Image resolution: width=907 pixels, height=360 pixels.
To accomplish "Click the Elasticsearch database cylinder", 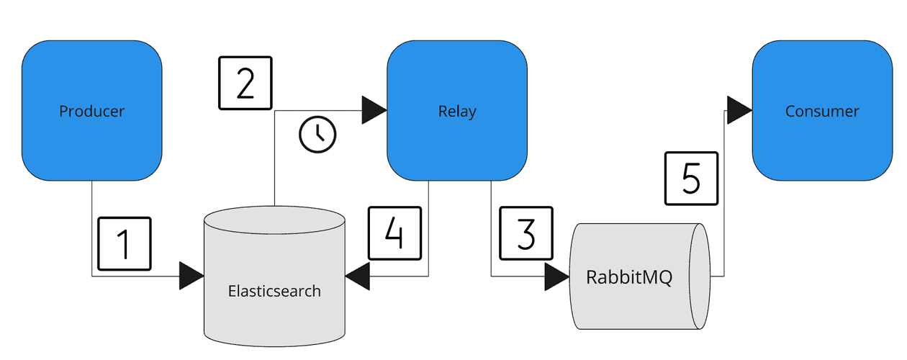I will tap(274, 274).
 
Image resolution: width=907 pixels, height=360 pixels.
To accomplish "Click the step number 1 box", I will tap(124, 244).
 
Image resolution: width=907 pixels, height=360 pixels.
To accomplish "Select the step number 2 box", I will tap(245, 84).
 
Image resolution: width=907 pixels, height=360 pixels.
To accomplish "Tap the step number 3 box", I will tap(526, 233).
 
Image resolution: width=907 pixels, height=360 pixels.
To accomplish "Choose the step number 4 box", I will tap(395, 233).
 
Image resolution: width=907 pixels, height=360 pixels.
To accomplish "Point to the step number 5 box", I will tap(691, 179).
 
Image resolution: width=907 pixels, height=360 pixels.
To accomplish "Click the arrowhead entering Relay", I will tap(374, 110).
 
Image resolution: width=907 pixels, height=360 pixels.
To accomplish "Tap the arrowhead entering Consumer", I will tap(739, 110).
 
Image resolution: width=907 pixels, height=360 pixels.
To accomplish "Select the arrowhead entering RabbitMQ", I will tap(556, 276).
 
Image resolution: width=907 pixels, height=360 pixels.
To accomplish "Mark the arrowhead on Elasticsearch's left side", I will tap(191, 276).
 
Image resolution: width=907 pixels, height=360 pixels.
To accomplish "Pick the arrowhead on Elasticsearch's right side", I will tap(358, 276).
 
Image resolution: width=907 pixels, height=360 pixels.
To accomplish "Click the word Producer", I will tap(91, 111).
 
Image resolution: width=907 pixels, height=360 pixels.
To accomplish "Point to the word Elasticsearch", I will tap(274, 292).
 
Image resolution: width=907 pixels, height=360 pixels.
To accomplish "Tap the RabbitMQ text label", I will tap(629, 277).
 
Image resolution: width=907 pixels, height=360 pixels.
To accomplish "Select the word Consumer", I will tap(822, 111).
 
